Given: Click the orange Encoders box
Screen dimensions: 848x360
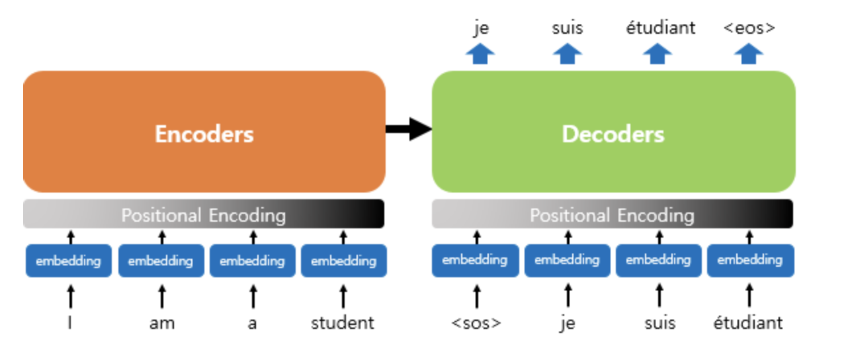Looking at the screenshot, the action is pos(204,132).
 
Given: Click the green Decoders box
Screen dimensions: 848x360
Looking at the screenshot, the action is pos(614,132).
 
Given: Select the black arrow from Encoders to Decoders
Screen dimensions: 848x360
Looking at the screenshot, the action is pos(409,129).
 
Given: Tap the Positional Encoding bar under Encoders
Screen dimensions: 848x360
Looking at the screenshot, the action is pos(204,214).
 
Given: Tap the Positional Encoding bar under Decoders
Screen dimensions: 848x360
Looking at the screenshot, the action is pos(613,214).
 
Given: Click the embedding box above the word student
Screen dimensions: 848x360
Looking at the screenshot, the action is pos(344,261).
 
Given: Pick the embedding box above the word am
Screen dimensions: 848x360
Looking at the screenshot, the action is pos(161,261).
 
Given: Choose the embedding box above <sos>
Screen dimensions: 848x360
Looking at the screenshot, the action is pos(475,261).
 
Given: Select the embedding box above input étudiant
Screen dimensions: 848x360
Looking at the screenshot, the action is pos(750,261).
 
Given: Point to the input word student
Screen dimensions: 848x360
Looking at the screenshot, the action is pos(343,324).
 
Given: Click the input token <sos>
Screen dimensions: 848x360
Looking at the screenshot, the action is pos(476,324).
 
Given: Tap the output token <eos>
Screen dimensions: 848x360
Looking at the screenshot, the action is pos(749,28).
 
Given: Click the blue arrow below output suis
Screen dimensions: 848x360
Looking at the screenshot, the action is pos(567,54).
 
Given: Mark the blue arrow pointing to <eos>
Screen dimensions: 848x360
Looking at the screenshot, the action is pos(748,54).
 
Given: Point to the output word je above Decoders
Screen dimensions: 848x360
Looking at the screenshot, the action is pos(481,28).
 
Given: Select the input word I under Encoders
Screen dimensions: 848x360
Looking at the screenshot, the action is pos(69,324).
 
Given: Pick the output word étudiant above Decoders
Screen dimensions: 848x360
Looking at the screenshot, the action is pos(661,27).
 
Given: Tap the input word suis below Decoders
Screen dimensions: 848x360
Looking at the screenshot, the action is pos(660,324).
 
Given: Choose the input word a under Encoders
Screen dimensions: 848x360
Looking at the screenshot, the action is pos(252,324).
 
